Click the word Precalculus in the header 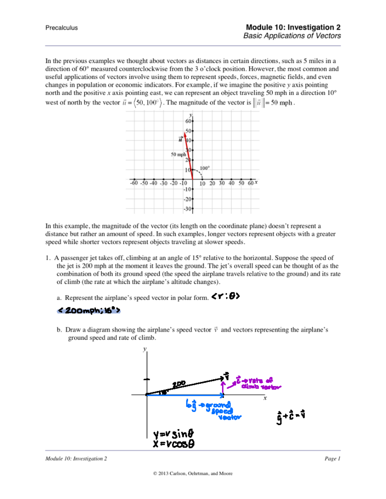[61, 28]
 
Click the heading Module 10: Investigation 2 [293, 27]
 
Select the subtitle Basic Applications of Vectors [292, 36]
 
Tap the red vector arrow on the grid [188, 156]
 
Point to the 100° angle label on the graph [205, 168]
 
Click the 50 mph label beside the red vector [178, 155]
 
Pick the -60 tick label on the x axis [134, 183]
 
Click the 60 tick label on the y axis [188, 121]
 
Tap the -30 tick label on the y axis [187, 209]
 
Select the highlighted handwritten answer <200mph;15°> [89, 310]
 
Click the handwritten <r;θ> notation [225, 296]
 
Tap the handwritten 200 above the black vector [179, 384]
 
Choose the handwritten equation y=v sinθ [173, 434]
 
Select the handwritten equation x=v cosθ [173, 444]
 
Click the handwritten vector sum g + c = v [290, 416]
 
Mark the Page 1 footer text [332, 459]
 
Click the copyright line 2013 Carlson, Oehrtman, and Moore [193, 473]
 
